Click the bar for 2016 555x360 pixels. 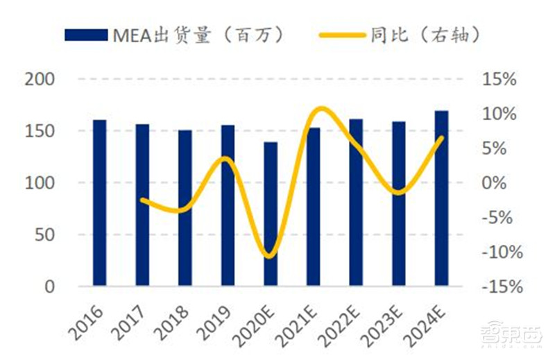[x=100, y=203]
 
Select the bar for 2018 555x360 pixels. [x=185, y=207]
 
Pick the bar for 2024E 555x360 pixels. [x=441, y=198]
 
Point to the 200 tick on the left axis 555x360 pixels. [x=39, y=79]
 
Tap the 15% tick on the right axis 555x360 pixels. [x=499, y=79]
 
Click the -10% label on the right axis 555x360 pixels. [x=497, y=252]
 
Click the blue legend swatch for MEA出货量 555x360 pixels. [x=86, y=35]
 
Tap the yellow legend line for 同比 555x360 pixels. [x=342, y=35]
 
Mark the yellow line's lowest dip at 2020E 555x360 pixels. [x=269, y=257]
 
